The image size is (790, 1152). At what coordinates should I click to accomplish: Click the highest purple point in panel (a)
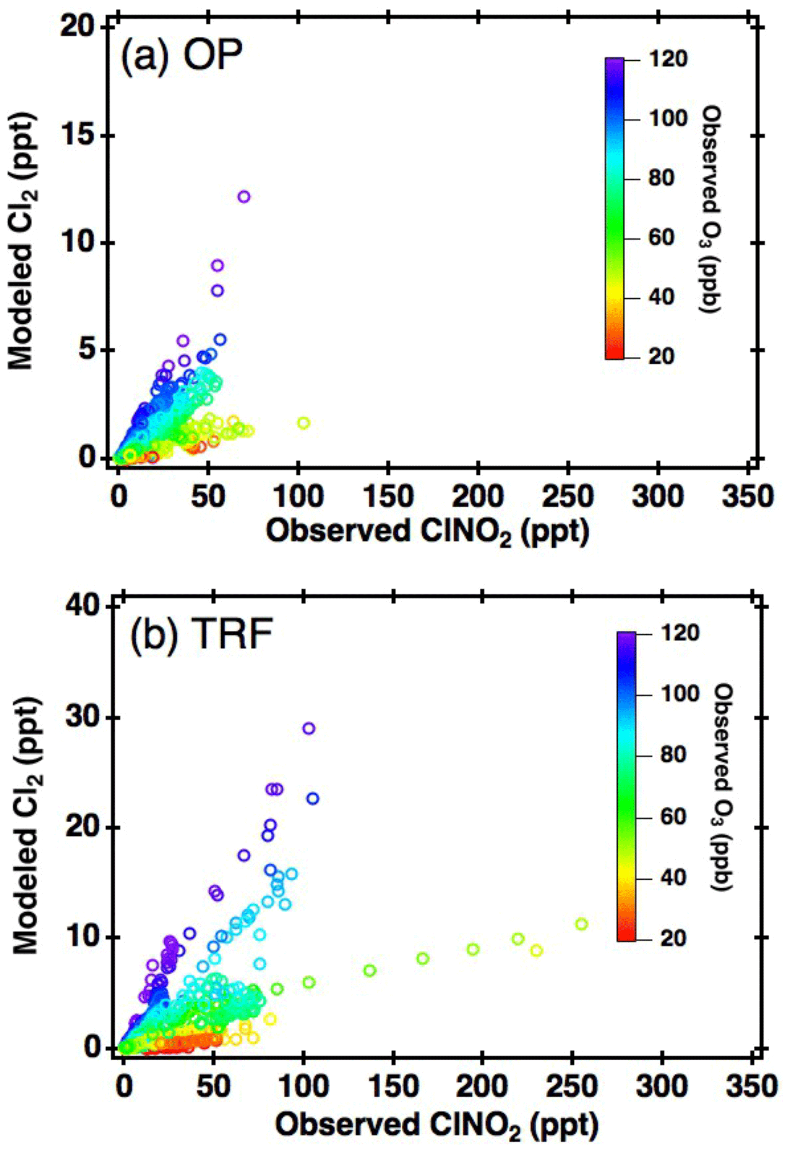coord(243,197)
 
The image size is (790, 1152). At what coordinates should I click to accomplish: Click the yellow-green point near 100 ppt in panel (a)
coord(303,423)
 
